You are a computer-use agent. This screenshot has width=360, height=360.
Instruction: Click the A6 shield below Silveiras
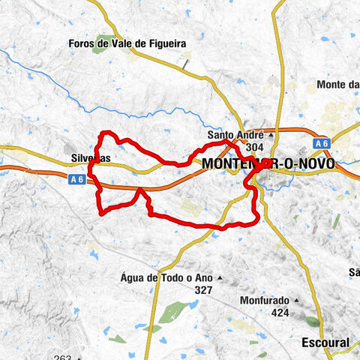coord(74,178)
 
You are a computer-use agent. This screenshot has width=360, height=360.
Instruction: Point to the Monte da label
coord(338,85)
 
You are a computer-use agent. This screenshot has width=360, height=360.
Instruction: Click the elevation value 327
coord(202,289)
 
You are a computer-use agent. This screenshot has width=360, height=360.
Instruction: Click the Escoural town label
coord(323,342)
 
